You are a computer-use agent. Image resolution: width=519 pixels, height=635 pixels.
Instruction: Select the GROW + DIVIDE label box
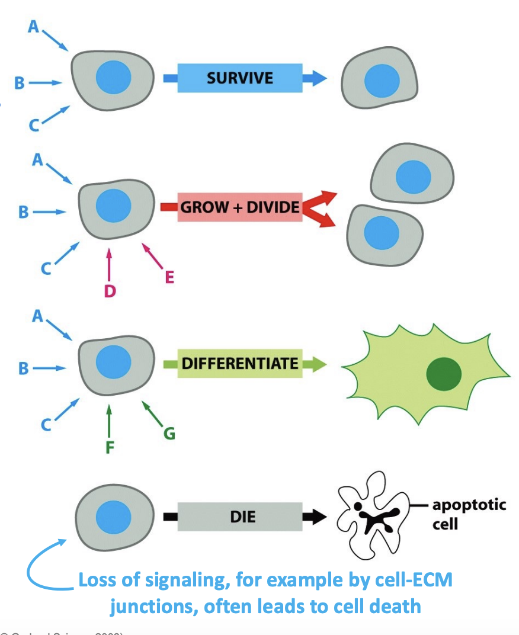(x=239, y=208)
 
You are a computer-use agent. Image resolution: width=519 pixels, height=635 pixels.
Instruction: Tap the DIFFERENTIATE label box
(x=239, y=363)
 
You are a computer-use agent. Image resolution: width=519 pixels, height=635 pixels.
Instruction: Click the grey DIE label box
(x=239, y=517)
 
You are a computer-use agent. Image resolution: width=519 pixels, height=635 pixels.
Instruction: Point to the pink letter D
(x=109, y=291)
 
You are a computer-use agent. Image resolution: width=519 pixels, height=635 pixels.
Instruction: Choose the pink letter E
(x=169, y=277)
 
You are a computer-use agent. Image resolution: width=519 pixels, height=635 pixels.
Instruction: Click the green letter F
(x=109, y=447)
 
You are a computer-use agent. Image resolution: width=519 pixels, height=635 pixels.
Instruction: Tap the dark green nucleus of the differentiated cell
(x=443, y=373)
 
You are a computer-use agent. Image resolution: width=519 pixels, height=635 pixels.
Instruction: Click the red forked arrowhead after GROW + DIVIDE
(x=320, y=208)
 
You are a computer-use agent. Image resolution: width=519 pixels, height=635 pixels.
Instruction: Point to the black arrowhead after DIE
(x=314, y=517)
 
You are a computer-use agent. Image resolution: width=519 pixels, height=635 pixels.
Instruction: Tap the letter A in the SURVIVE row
(x=33, y=27)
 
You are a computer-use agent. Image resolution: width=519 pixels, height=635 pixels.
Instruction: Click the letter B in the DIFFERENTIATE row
(x=23, y=368)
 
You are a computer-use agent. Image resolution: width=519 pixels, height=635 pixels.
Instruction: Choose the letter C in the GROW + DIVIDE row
(x=46, y=268)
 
